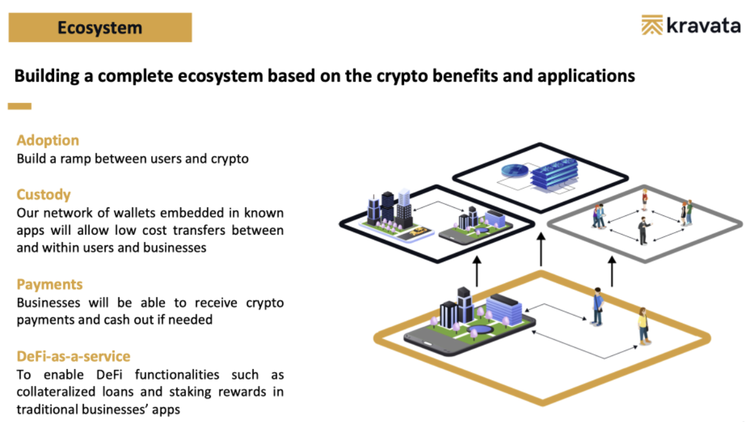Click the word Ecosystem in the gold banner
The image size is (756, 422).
[100, 27]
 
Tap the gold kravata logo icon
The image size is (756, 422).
[652, 25]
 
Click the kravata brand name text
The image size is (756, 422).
[704, 26]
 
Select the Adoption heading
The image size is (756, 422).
[48, 140]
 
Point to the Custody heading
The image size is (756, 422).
[44, 195]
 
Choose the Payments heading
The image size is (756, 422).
[50, 284]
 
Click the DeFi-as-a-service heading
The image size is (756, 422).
[73, 356]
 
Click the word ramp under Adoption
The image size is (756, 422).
[76, 159]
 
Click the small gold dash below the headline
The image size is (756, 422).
[19, 106]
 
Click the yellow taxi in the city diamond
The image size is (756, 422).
[418, 232]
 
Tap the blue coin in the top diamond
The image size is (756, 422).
[515, 171]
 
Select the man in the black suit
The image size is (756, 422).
[644, 231]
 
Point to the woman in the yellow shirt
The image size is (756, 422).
[643, 326]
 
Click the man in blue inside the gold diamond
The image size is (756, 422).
[597, 307]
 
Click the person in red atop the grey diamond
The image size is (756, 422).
[645, 200]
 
